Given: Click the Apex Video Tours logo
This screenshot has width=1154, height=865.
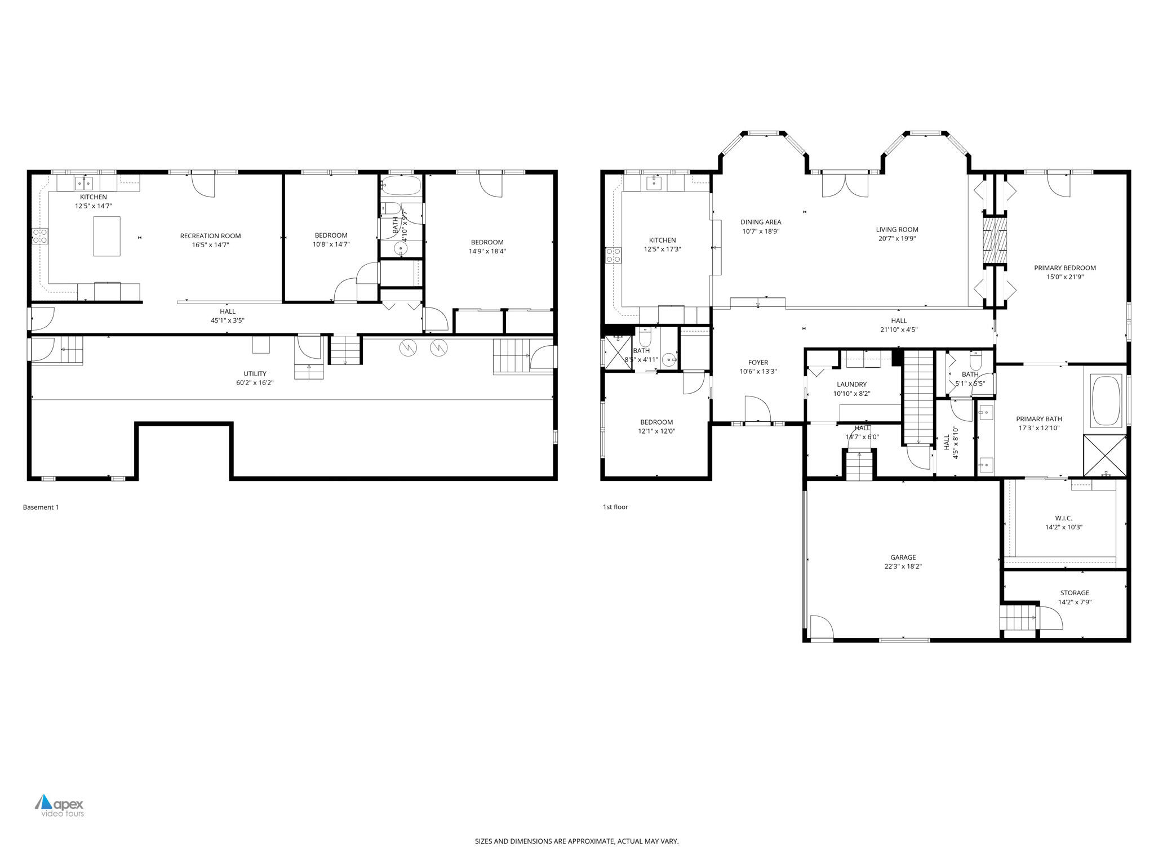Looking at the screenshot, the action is tap(59, 805).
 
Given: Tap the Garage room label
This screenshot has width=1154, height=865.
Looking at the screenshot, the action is tap(903, 558).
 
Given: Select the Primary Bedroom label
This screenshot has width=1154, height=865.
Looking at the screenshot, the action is tap(1064, 268).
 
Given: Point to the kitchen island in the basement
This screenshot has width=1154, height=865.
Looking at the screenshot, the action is tap(106, 237).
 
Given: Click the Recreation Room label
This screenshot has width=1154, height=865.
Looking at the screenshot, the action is tap(210, 236).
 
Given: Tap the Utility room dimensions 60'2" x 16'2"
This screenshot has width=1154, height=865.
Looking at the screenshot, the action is tap(255, 383).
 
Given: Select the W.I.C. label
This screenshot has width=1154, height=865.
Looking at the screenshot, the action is tap(1063, 518).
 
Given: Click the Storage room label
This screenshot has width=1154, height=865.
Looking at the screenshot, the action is tap(1075, 593).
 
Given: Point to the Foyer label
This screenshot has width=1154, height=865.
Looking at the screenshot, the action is tap(758, 363).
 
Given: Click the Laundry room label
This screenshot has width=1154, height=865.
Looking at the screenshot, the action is tap(851, 385).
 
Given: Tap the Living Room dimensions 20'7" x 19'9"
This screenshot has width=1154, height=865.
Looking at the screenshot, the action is tap(897, 239).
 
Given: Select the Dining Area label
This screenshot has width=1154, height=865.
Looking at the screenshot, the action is tap(761, 222).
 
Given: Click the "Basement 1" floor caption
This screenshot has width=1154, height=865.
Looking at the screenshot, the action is tap(41, 507).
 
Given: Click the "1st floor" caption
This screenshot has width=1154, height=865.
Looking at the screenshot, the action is tap(615, 507).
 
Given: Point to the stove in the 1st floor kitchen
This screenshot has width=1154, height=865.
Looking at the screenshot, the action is tap(613, 256).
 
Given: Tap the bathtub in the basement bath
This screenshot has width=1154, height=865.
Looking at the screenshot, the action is tap(401, 185).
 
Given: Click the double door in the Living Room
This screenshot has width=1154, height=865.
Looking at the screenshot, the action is tap(845, 185).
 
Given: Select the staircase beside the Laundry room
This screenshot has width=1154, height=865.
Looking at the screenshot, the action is tap(918, 397).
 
